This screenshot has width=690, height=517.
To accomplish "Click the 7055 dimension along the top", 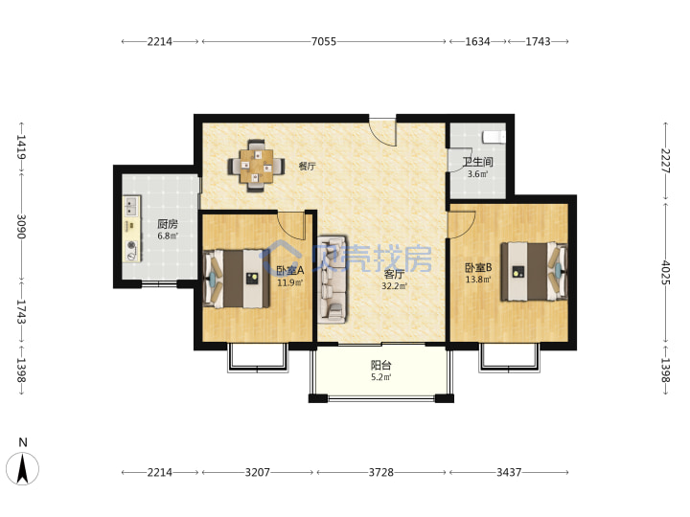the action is coord(324,41).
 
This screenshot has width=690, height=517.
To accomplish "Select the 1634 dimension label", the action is coord(477,41).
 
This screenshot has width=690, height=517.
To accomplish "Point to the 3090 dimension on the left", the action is coord(21,226).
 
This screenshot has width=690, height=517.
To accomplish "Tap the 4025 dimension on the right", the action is coord(666,273).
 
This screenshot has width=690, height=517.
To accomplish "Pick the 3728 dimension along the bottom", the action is coord(381,472).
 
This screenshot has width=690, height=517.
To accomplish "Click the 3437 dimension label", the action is coord(509,472).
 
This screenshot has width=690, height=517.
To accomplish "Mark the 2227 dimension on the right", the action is coord(666,161).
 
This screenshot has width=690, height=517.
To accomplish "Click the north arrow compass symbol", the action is coord(22,468).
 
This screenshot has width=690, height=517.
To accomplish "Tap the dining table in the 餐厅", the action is coord(256,167).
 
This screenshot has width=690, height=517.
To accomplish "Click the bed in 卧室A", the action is coord(237,279).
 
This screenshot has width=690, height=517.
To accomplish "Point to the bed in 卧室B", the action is coord(534,272).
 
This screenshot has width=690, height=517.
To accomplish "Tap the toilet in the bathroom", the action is coord(494,137).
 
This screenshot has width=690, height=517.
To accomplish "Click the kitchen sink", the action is coord(131,205).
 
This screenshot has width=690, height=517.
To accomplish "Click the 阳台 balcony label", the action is coord(381,365).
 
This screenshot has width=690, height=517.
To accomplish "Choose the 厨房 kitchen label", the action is coord(168,224).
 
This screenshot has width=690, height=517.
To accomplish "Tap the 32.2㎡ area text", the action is coord(394,285).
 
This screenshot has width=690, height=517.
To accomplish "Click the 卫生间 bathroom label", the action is coord(477,162).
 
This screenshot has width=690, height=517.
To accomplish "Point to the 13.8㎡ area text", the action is coord(478,279).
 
